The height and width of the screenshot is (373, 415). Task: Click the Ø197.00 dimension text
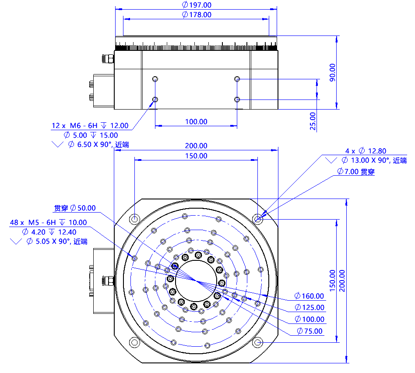(x=196, y=5)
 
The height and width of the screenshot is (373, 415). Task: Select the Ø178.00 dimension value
(x=196, y=14)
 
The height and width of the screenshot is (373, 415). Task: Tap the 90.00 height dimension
(x=332, y=72)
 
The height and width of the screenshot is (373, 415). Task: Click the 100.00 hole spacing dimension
(x=196, y=121)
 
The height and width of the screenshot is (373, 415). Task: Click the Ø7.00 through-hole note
(x=356, y=172)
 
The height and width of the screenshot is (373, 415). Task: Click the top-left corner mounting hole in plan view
(x=134, y=218)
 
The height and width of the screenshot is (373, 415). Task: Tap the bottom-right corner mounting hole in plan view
(x=258, y=342)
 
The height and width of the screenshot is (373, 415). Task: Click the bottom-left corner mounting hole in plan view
(x=134, y=342)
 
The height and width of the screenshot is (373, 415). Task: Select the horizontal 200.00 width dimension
(x=196, y=146)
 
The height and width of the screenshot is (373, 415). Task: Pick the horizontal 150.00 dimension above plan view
(x=196, y=156)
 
